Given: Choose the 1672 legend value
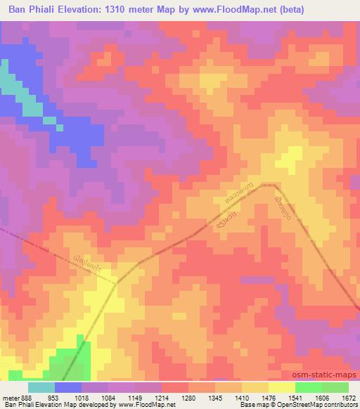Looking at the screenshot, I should (350, 397).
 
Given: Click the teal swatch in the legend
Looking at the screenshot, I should (41, 387).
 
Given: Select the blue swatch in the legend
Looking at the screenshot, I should (68, 387).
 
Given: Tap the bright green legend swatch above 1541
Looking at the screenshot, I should (308, 387).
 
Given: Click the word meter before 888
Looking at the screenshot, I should (11, 397).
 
